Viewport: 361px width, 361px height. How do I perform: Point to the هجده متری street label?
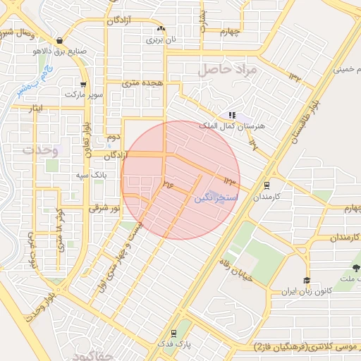(142, 83)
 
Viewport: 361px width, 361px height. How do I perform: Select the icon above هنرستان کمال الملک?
(232, 115)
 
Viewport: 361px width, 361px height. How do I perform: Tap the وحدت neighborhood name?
(39, 150)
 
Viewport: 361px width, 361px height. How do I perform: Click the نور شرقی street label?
(104, 209)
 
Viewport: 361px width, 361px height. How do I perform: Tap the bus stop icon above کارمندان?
(267, 185)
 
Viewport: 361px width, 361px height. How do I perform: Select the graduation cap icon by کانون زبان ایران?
(307, 281)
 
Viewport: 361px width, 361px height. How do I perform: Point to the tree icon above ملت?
(355, 267)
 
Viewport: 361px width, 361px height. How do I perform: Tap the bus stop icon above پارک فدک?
(173, 333)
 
